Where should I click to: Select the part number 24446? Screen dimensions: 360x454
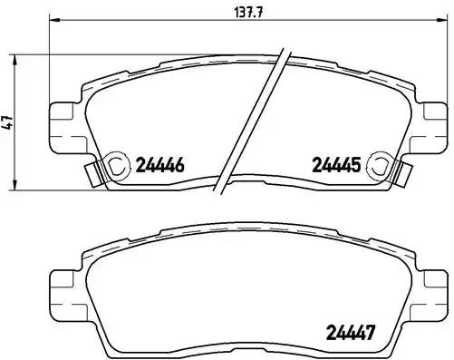pyautogui.click(x=159, y=165)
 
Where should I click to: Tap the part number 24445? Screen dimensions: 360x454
pyautogui.click(x=336, y=165)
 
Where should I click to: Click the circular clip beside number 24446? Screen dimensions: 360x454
pyautogui.click(x=117, y=164)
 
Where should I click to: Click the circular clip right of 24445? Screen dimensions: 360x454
pyautogui.click(x=382, y=164)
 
